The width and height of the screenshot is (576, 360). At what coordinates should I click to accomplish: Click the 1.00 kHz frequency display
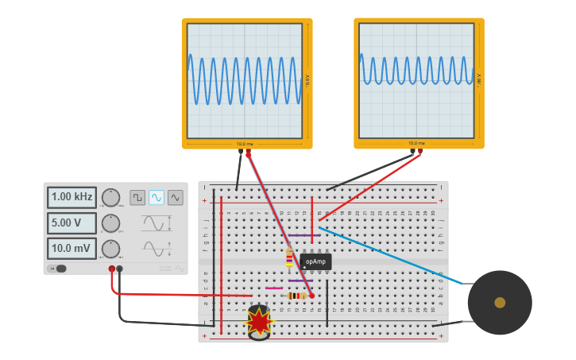pos(72,197)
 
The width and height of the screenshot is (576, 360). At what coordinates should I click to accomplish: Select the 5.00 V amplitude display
pos(72,223)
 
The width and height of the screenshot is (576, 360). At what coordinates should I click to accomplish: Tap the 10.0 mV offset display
pos(72,249)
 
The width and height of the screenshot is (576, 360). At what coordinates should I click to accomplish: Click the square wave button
pos(137,197)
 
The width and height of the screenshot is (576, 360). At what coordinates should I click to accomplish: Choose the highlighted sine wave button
pos(157,197)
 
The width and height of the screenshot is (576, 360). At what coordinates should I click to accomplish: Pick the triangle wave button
pos(175,197)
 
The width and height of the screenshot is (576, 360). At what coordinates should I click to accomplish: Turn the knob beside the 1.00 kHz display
pos(110,197)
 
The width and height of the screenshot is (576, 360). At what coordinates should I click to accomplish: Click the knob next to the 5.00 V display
pos(110,223)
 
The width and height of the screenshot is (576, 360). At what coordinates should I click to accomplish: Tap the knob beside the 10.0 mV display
pos(110,249)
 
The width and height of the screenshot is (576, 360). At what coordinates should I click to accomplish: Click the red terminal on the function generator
pos(112,269)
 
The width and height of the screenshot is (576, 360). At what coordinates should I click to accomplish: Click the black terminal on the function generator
pos(120,269)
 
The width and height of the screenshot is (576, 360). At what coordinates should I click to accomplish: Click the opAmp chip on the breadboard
pos(315,261)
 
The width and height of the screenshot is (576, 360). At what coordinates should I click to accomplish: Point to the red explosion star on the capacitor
pos(259,321)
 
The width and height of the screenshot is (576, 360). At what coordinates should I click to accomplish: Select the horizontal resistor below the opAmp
pos(296,296)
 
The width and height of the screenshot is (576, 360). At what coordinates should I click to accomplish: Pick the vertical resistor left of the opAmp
pos(289,258)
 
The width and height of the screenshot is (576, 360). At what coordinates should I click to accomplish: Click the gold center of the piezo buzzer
pos(500,302)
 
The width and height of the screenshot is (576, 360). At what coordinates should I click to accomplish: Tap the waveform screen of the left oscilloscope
pos(245,80)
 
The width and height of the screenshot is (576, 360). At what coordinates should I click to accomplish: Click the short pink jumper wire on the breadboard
pos(274,288)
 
